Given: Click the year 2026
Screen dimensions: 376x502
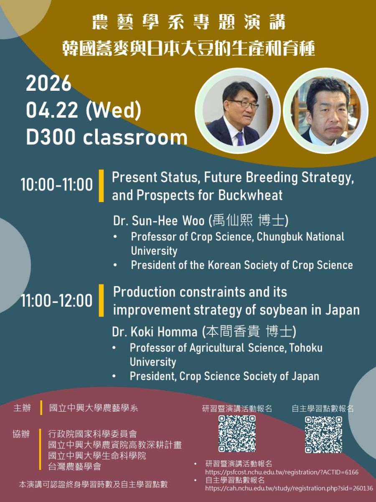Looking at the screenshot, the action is coord(48,84).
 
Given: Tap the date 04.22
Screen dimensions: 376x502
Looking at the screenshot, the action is coord(52,110).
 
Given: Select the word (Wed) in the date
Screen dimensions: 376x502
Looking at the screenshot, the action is coord(113,111).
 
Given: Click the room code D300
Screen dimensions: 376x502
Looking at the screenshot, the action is coord(51,137).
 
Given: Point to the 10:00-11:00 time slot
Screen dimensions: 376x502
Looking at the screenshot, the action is coord(57,184).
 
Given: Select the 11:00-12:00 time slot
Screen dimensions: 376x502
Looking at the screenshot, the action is coord(57,300).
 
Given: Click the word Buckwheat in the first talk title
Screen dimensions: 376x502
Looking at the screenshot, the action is coord(250,195).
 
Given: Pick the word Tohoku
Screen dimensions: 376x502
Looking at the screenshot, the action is coord(306,348).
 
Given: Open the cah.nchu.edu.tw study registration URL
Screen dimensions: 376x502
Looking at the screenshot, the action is coord(289,488).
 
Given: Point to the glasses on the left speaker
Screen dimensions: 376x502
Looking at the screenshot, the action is coord(244,104).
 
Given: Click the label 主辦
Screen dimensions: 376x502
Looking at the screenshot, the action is coord(22,408).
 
